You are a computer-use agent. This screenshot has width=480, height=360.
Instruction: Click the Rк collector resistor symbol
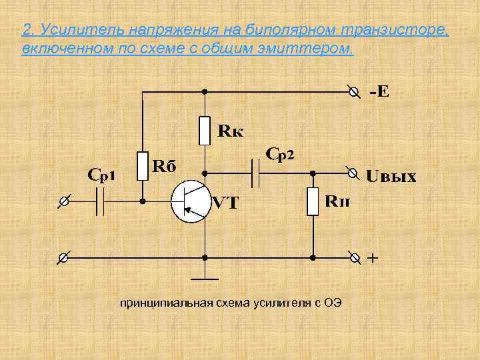[205, 131]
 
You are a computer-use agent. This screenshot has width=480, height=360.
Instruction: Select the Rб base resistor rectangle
[142, 166]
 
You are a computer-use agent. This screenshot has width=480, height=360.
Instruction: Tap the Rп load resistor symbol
[313, 201]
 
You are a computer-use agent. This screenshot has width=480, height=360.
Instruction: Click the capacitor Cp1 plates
[101, 201]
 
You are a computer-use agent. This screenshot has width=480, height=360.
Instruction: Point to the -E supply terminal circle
[355, 91]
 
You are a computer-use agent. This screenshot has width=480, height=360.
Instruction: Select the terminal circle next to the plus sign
[355, 257]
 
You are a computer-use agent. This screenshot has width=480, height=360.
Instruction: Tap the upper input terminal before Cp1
[63, 201]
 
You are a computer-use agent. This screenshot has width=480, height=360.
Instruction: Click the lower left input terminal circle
[63, 257]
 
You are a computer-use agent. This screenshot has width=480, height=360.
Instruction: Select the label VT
[225, 203]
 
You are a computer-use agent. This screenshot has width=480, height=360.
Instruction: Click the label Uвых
[391, 177]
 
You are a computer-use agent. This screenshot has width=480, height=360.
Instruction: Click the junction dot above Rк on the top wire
[205, 91]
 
